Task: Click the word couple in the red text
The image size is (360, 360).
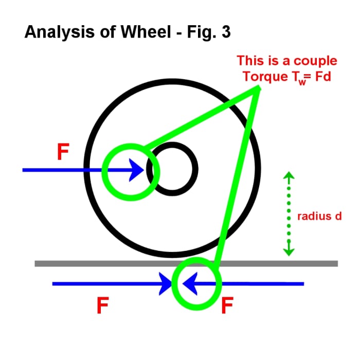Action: [315, 61]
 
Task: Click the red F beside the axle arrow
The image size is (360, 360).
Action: [62, 152]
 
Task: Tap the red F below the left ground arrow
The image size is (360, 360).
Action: [103, 306]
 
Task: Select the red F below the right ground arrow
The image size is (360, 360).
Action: [227, 306]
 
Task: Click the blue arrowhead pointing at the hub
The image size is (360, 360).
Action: [136, 169]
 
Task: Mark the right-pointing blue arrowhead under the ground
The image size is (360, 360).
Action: [166, 283]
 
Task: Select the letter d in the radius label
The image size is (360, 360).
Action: [338, 216]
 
